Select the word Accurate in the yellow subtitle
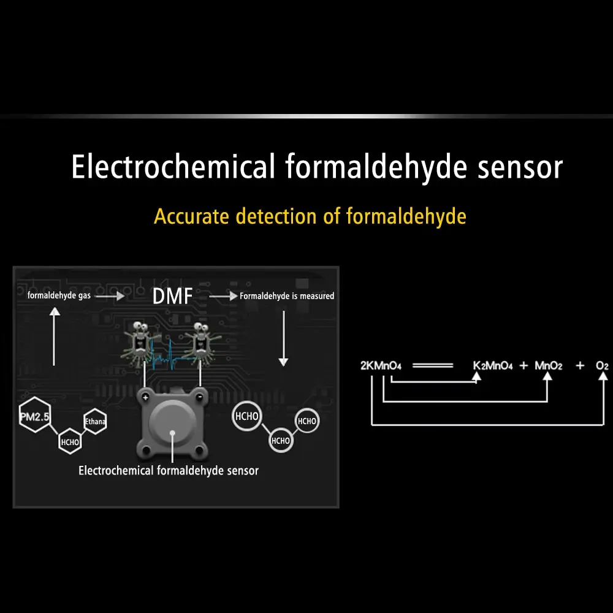191,216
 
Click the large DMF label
172,296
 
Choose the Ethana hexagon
96,422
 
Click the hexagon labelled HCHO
70,442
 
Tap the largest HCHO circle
246,416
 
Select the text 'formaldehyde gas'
59,295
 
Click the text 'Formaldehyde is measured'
287,296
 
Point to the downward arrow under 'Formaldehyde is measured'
283,338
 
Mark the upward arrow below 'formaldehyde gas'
55,336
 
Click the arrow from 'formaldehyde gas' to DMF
110,296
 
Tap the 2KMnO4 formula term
381,366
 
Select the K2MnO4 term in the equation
493,366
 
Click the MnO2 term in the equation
549,366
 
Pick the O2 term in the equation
602,366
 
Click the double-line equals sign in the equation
433,366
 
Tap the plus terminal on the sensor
145,398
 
